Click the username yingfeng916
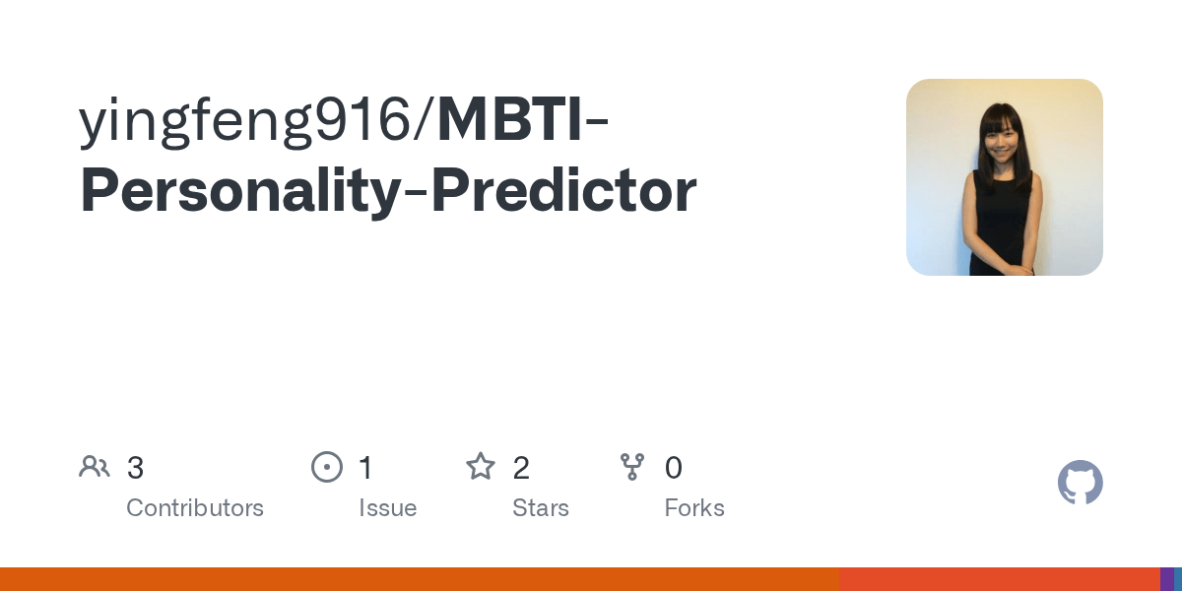pos(245,122)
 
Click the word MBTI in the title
pos(510,119)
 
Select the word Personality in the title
pos(240,191)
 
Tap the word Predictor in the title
pos(564,189)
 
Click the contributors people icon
pos(95,467)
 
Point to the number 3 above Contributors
pos(135,468)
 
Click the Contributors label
pos(195,508)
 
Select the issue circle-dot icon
pos(327,467)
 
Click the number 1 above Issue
pos(366,468)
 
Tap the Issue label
pos(388,508)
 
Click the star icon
pos(481,467)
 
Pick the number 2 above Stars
pos(521,468)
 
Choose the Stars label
pos(541,508)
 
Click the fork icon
pos(632,467)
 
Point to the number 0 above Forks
pos(674,468)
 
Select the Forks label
pos(694,508)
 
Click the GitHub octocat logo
pos(1081,483)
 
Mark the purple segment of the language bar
pos(1166,579)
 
